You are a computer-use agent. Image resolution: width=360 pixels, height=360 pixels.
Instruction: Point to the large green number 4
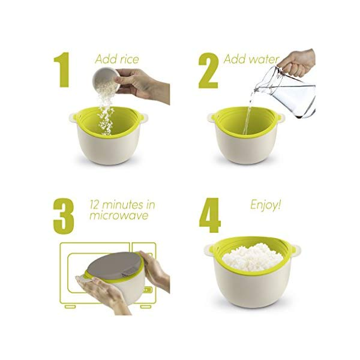coord(209,215)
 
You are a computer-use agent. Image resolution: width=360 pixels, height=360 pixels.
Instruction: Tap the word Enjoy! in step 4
coord(265,205)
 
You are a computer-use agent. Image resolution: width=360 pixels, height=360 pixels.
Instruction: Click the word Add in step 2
coord(235,59)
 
